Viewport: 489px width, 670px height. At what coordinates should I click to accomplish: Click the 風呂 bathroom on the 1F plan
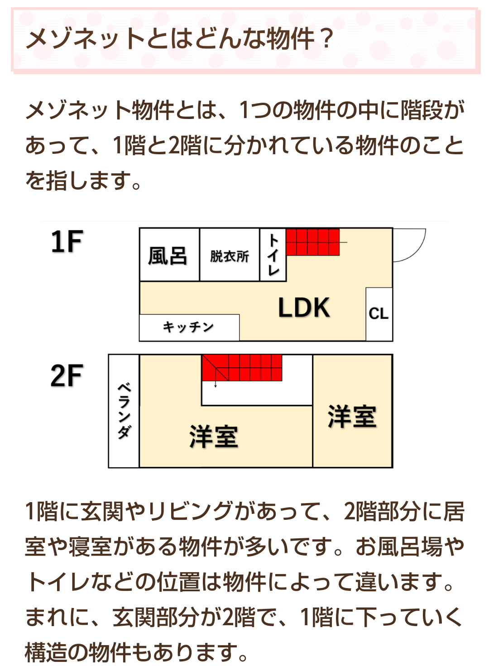169,255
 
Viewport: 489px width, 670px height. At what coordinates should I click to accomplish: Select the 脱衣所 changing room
230,255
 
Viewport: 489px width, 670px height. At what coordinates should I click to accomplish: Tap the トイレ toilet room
273,255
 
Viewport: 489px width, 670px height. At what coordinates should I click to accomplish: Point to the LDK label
304,308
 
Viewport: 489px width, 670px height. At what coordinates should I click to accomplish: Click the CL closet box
379,314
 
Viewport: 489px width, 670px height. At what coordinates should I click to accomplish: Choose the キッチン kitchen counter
189,328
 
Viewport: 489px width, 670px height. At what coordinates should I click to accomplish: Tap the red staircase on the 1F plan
312,242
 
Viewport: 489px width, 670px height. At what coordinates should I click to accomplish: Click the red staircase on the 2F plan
242,368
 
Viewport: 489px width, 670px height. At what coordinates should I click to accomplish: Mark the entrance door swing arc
417,251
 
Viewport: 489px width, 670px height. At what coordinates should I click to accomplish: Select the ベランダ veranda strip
124,411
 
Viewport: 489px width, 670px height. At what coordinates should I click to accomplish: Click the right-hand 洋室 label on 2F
352,416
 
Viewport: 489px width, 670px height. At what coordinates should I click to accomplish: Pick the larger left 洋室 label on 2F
214,437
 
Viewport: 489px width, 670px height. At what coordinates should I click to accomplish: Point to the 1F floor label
67,242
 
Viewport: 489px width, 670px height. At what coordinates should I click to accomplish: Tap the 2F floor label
67,375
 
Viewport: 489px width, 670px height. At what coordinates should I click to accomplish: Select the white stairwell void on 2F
257,393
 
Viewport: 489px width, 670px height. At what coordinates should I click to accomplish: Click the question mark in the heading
326,38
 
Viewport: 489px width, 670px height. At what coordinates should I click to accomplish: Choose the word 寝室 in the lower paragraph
90,547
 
